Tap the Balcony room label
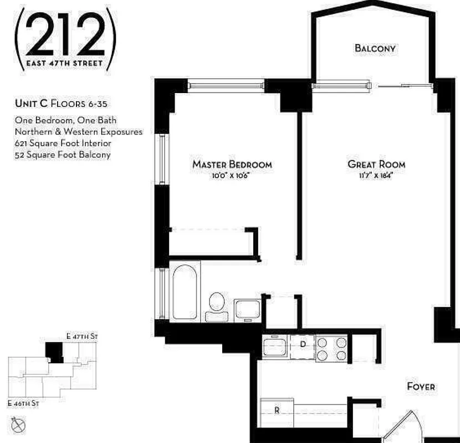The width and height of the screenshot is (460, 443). (375, 48)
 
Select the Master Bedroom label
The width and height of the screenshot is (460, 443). (232, 164)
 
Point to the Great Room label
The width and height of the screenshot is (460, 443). (376, 164)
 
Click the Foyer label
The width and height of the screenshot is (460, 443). (421, 387)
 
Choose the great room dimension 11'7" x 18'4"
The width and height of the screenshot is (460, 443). (377, 176)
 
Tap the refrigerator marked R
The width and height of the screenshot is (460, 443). (277, 410)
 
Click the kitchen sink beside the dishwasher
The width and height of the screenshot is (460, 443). (275, 348)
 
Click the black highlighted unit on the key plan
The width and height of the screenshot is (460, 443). (54, 352)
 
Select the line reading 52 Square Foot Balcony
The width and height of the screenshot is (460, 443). (63, 154)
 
